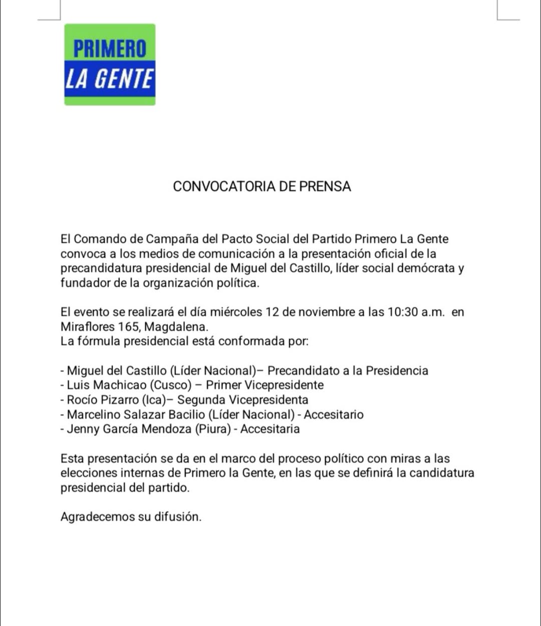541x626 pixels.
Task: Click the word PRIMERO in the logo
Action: coord(110,49)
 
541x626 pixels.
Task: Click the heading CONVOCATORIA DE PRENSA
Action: coord(262,186)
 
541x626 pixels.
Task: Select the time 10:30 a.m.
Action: coord(416,312)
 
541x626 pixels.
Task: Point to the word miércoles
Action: coord(236,312)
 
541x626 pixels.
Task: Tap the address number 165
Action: coord(129,327)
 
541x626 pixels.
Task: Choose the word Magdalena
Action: coord(176,327)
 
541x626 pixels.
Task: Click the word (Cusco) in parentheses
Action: coord(171,385)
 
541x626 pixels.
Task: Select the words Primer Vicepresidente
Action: coord(265,385)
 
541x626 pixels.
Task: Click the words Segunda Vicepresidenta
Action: coord(243,399)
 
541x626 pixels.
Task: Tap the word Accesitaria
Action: coord(270,429)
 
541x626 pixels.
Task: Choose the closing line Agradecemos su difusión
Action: coord(131,517)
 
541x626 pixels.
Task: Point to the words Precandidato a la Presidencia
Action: coord(348,371)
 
